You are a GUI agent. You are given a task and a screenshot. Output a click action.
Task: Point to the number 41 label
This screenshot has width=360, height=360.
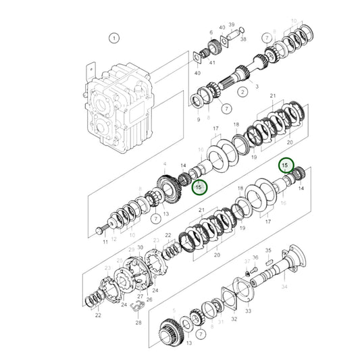point(212,62)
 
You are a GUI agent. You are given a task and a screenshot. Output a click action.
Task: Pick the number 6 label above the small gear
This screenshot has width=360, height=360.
point(211,32)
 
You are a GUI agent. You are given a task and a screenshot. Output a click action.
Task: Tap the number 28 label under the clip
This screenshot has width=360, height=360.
point(139,324)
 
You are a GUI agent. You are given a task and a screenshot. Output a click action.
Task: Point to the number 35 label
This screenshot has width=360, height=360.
point(268,249)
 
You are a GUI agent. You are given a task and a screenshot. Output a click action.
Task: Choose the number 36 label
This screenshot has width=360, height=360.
point(255,257)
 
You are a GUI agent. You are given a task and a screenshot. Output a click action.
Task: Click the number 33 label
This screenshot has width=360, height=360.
point(248,311)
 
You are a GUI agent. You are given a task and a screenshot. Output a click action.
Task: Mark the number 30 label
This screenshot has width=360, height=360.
point(140,248)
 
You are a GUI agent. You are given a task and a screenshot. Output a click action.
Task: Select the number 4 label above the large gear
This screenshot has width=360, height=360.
point(164,163)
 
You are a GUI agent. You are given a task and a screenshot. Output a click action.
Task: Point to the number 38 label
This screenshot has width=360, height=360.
point(243,40)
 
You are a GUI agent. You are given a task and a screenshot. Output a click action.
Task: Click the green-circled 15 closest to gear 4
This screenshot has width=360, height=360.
point(199,187)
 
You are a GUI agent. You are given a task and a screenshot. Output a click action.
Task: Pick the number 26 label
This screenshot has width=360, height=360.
point(149,300)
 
